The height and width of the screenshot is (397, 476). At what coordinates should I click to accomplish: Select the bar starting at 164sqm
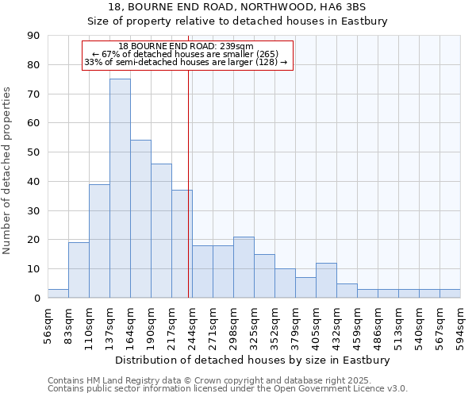click(x=140, y=219)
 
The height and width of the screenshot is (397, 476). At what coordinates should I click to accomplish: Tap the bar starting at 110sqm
click(x=99, y=241)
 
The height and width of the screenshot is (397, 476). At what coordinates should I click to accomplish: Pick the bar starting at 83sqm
click(x=79, y=270)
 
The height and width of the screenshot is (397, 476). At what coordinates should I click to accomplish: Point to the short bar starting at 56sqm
click(x=58, y=294)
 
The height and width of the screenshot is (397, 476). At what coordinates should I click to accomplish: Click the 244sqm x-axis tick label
click(x=192, y=325)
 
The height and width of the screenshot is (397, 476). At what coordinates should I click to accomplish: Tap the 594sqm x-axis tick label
click(x=460, y=325)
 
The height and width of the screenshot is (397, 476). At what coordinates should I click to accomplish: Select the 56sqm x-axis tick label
click(x=48, y=325)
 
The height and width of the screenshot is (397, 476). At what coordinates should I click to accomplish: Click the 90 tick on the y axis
click(x=33, y=36)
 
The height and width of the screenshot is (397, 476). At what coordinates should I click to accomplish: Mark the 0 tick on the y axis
click(x=36, y=299)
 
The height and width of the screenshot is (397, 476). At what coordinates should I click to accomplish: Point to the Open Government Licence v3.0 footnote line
click(x=228, y=388)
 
